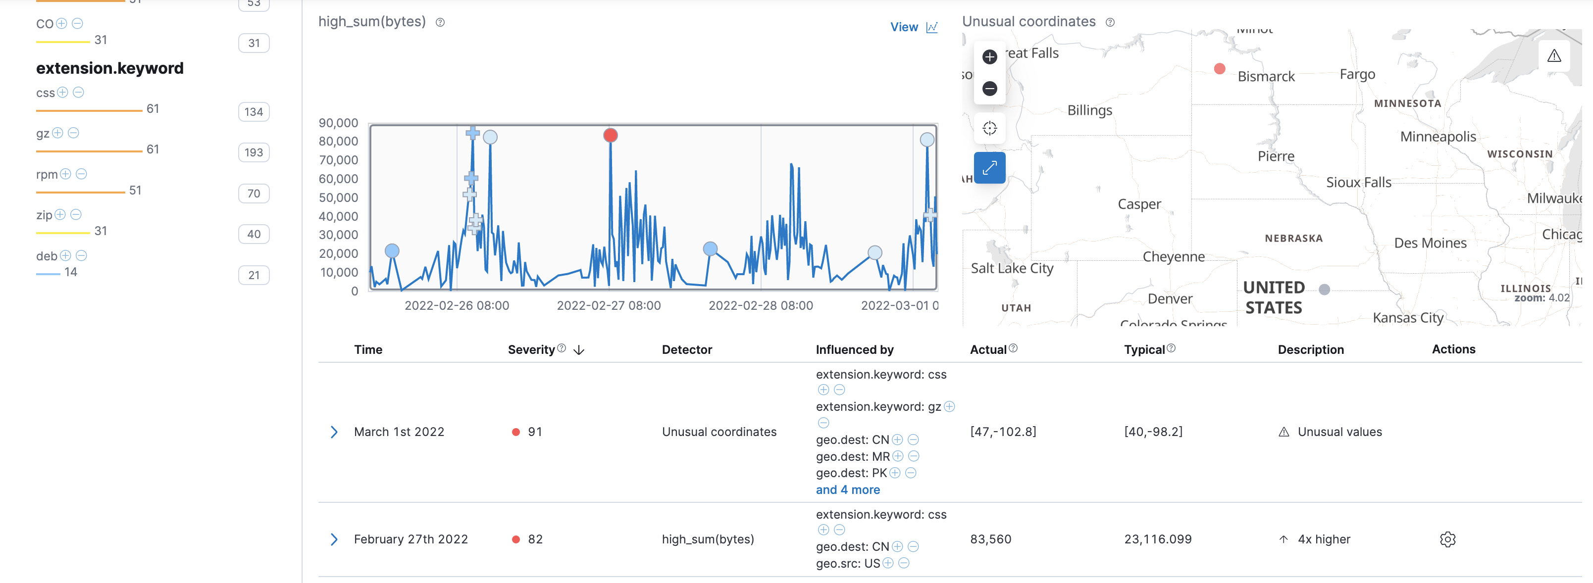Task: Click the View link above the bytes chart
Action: click(913, 27)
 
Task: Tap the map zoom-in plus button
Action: click(989, 57)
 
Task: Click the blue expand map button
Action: click(989, 168)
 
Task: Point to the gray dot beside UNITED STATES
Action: click(1324, 290)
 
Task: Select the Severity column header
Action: click(531, 350)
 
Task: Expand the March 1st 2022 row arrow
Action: click(334, 432)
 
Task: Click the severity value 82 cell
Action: click(535, 539)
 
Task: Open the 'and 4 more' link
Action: click(847, 489)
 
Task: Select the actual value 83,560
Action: click(990, 539)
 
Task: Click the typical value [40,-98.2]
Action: click(1153, 432)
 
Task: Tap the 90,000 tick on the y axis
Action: click(338, 123)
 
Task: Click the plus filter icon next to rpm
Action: click(65, 174)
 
